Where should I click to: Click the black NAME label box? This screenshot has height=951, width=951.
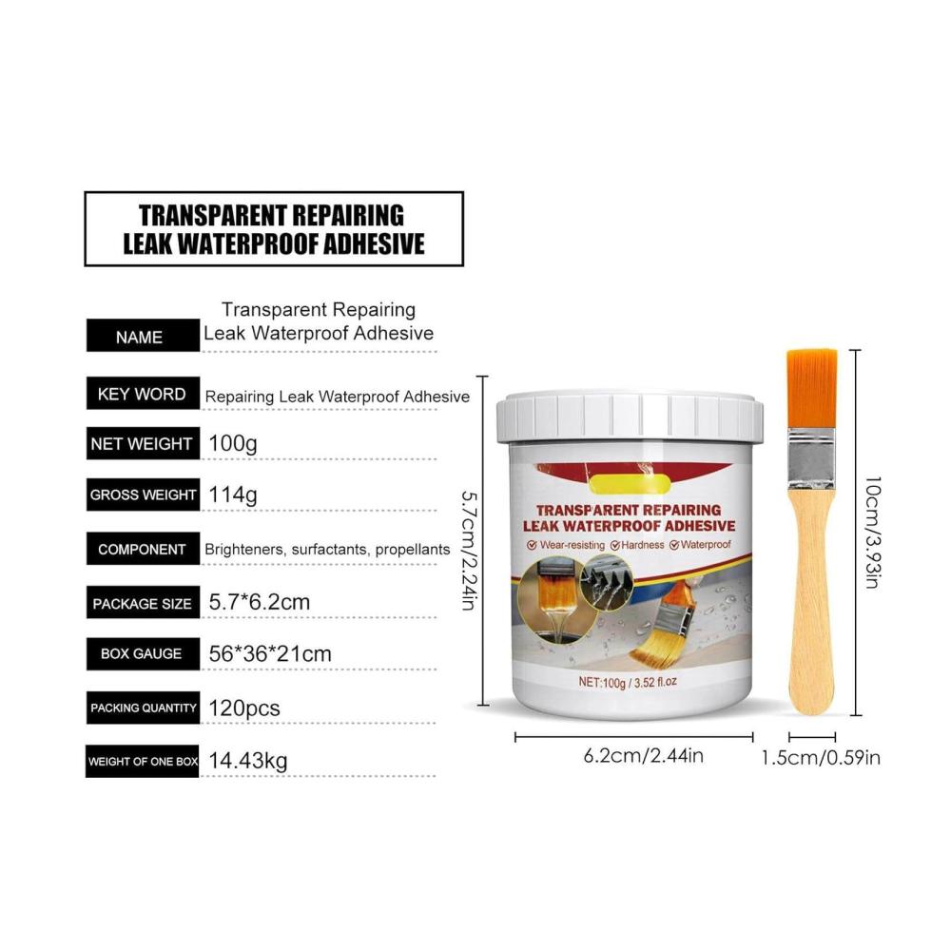[x=143, y=336]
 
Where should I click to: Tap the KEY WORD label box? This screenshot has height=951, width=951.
[x=143, y=393]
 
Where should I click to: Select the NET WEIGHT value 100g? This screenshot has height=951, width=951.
[x=233, y=443]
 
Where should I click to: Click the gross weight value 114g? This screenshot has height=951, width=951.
[x=233, y=495]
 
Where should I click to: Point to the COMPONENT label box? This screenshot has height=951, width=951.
[x=143, y=549]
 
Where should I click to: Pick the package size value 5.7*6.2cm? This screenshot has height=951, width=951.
[x=260, y=602]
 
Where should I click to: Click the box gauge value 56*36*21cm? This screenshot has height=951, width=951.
[x=270, y=654]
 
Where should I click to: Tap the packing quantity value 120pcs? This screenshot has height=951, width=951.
[x=244, y=708]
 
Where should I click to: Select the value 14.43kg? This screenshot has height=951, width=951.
[x=248, y=761]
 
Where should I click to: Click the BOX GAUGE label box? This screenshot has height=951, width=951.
[x=143, y=654]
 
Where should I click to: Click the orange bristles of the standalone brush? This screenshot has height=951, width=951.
[x=811, y=388]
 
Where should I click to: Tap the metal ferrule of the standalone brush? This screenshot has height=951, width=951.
[x=811, y=459]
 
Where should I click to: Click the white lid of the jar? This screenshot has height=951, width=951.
[x=630, y=417]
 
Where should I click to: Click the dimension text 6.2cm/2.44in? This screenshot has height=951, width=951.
[x=644, y=756]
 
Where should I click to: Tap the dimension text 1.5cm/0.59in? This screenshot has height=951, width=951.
[x=821, y=758]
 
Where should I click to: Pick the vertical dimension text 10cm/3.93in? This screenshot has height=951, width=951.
[x=872, y=533]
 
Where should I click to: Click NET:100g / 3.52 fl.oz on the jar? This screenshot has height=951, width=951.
[x=627, y=682]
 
